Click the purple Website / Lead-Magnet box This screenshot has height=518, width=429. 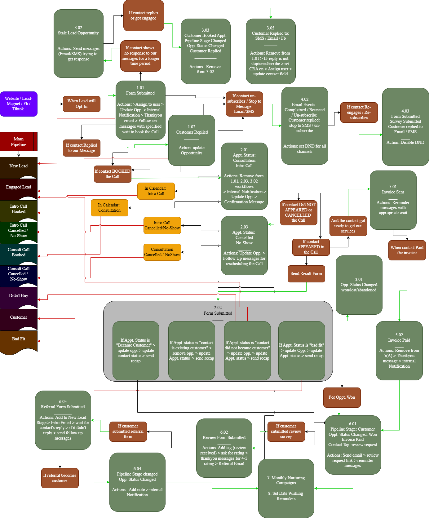tap(19, 104)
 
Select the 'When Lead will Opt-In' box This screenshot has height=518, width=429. tap(82, 104)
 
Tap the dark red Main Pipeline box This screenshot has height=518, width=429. tap(19, 142)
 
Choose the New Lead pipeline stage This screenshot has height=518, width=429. tap(19, 166)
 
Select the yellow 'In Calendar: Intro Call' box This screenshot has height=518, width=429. tap(156, 191)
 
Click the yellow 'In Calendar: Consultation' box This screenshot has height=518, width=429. tap(109, 208)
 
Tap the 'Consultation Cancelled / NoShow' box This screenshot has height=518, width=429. tap(162, 252)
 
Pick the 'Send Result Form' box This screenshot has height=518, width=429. tap(306, 274)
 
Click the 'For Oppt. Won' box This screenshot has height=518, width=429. tap(342, 397)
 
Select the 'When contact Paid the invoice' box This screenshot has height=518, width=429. tap(407, 250)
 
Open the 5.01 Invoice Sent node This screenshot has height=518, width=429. tap(393, 200)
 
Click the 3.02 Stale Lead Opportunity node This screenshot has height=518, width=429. tap(78, 43)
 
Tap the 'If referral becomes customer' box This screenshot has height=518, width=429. tap(60, 478)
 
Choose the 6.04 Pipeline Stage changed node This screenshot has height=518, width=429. tap(137, 482)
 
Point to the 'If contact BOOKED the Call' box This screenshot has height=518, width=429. tap(113, 174)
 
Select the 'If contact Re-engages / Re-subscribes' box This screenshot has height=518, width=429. tap(359, 112)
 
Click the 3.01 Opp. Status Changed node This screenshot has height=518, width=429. tap(359, 285)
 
